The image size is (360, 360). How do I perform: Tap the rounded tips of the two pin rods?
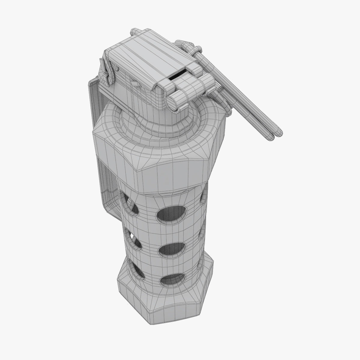[276, 135]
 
